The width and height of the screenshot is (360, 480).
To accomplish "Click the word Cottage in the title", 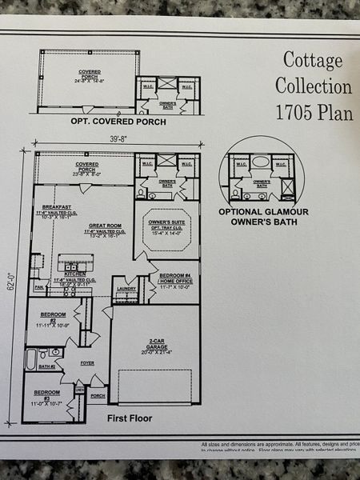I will pos(313,61).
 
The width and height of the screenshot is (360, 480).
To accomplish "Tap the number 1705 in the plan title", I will pos(298,111).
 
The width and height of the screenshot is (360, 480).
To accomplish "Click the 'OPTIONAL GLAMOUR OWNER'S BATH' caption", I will pos(263,218).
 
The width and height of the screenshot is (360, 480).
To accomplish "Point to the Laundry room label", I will pos(126,289).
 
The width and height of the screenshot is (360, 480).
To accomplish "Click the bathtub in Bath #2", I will pos(31,359).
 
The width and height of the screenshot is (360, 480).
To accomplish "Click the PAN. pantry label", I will pos(38,286).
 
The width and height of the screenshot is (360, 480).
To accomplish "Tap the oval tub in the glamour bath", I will pos(261,161).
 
